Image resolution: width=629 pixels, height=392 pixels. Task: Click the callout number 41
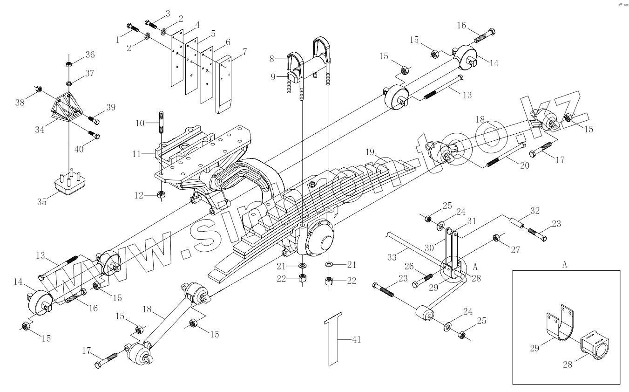click(356, 340)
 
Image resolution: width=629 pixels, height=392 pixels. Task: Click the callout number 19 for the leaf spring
click(370, 152)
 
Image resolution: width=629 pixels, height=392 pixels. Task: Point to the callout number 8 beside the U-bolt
click(274, 59)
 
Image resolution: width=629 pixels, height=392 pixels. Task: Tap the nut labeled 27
click(496, 238)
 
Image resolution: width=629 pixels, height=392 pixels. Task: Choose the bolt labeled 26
click(423, 279)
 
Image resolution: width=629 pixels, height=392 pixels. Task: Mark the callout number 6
click(227, 42)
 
